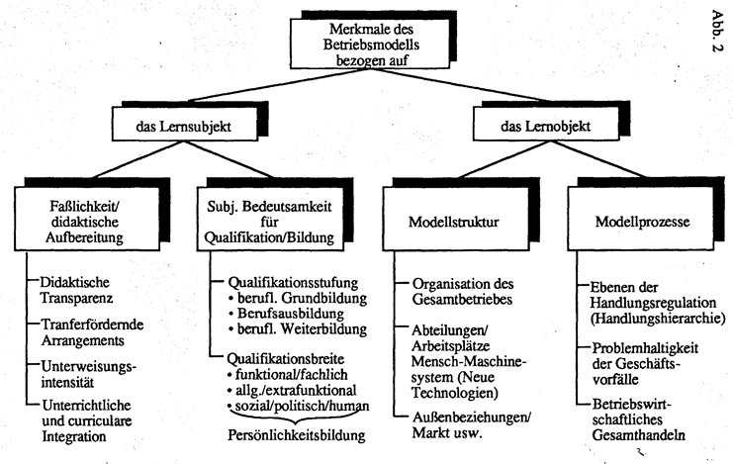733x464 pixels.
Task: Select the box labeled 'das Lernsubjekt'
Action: [x=184, y=128]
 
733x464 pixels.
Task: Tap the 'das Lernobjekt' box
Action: [x=543, y=128]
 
